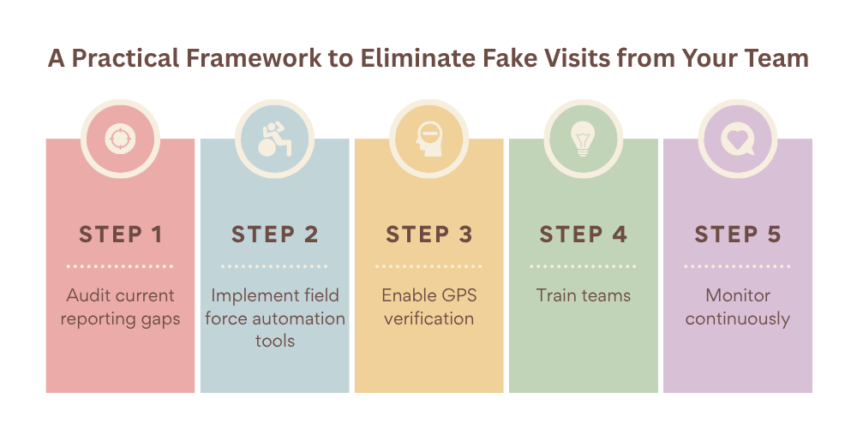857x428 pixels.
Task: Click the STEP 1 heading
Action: (120, 235)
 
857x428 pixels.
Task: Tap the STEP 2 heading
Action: (274, 235)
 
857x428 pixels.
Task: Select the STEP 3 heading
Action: (428, 235)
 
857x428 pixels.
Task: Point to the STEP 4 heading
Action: (583, 235)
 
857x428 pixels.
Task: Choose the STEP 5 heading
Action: (737, 235)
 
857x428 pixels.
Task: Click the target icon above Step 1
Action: (120, 139)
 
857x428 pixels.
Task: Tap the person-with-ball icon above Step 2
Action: (274, 139)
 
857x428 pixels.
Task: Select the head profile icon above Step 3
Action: (428, 139)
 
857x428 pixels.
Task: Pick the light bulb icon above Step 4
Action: (583, 139)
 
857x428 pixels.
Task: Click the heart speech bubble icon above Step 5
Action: (737, 139)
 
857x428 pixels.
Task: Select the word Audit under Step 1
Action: (87, 296)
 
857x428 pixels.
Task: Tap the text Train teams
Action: (583, 296)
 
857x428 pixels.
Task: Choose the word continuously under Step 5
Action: (737, 318)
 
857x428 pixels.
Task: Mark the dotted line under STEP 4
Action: (583, 266)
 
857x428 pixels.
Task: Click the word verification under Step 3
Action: (428, 318)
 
